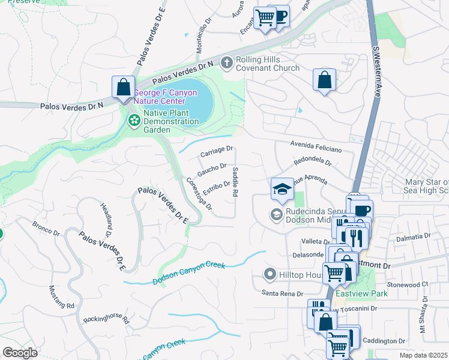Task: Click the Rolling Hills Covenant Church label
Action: tap(267, 64)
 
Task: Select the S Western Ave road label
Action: tap(377, 72)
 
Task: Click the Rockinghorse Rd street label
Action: tap(107, 319)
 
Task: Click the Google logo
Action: tap(20, 353)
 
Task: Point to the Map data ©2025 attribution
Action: tap(424, 355)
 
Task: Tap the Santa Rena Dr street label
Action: tap(282, 293)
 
